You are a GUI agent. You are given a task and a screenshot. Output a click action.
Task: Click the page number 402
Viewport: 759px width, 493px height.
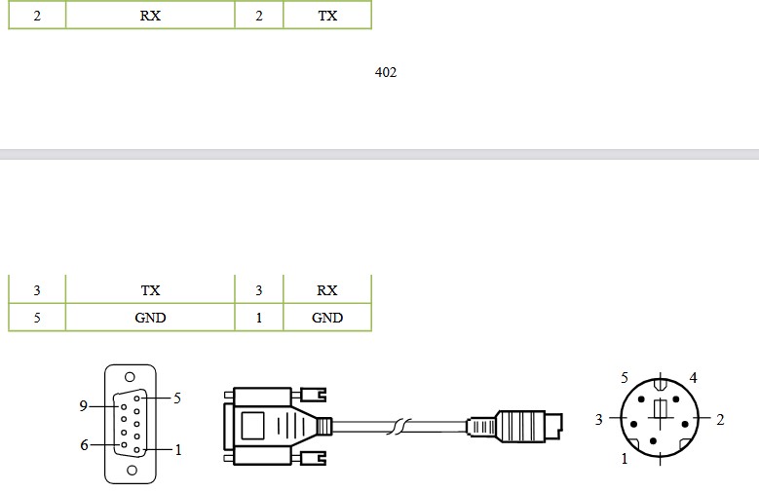click(386, 72)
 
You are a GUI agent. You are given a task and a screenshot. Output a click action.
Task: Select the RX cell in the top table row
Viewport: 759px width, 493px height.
click(150, 15)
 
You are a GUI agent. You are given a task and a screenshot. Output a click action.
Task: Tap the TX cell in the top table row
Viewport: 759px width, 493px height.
click(327, 15)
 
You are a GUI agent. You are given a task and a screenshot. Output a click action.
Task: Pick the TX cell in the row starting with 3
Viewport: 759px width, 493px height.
click(150, 289)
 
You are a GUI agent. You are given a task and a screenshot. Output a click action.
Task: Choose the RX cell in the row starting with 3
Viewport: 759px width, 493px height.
click(327, 289)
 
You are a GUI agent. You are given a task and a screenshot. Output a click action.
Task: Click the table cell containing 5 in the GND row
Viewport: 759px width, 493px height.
click(37, 318)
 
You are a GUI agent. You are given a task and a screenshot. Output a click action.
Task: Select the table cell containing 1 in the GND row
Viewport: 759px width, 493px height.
click(259, 318)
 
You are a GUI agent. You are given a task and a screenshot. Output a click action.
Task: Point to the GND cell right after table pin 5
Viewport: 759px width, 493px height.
click(150, 318)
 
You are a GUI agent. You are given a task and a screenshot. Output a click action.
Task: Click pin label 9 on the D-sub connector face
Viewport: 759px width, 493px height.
click(83, 406)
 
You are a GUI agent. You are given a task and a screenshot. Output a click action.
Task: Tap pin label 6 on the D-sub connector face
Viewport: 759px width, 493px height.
click(84, 444)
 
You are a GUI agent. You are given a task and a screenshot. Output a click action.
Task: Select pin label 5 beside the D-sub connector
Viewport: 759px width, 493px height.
click(177, 398)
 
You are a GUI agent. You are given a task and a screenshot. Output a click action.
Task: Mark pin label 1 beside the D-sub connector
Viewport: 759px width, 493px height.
click(178, 450)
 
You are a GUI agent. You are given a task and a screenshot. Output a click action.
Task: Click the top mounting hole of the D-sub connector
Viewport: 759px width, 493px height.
click(130, 377)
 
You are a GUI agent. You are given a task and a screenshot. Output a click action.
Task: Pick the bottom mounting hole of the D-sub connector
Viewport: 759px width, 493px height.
click(132, 470)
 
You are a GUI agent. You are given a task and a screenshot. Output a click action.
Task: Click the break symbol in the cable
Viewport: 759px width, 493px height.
click(399, 426)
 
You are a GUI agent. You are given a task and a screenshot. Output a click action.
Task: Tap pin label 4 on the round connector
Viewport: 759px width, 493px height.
click(693, 378)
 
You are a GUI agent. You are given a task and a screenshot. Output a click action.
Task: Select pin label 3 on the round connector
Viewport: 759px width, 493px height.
click(599, 419)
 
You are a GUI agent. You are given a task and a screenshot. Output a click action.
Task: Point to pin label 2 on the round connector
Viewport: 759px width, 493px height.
click(720, 419)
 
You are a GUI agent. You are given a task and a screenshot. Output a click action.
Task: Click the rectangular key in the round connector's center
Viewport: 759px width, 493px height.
click(661, 409)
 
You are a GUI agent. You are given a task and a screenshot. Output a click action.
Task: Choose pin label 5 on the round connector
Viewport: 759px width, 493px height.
click(625, 378)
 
